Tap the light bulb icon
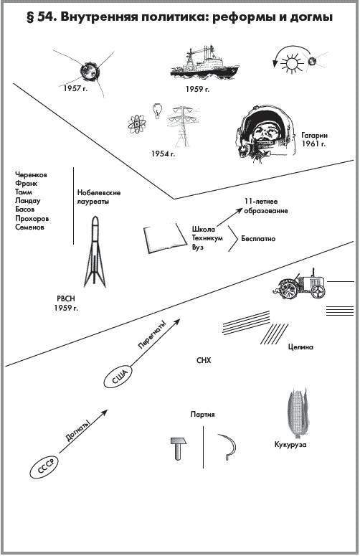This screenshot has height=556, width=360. (x=157, y=111)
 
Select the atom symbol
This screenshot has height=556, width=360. (x=137, y=124)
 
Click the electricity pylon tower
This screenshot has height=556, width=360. (x=182, y=126)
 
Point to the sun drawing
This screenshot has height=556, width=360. (x=293, y=63)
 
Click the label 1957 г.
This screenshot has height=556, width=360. (x=75, y=88)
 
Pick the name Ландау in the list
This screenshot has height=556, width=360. (x=28, y=201)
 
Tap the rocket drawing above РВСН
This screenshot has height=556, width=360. (x=95, y=252)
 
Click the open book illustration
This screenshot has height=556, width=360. (x=165, y=238)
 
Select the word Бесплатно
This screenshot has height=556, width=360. (x=258, y=239)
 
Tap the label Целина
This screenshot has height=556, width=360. (x=300, y=347)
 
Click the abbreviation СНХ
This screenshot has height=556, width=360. (x=204, y=360)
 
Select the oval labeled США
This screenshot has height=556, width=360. (x=118, y=377)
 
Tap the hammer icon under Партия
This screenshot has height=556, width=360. (x=179, y=448)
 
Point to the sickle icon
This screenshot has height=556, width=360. (x=228, y=446)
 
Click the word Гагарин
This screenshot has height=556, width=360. (x=315, y=135)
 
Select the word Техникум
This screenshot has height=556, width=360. (x=208, y=238)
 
